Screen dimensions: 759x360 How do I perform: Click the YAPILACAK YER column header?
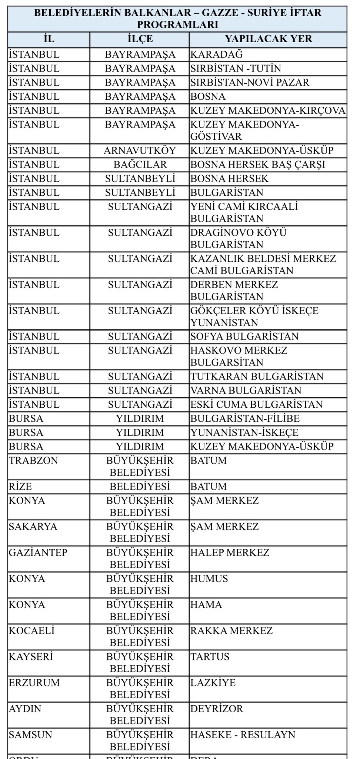(269, 39)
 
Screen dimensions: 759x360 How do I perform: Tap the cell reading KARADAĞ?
(217, 54)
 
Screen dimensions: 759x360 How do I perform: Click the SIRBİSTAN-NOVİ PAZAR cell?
(250, 82)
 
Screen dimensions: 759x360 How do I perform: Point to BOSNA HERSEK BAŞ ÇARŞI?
(258, 165)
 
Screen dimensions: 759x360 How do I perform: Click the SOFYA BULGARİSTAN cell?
(244, 337)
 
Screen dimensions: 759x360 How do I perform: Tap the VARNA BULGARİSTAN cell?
(246, 391)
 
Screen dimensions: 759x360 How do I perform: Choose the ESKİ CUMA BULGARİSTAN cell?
(257, 405)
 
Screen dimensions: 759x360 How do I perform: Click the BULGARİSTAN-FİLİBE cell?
(245, 419)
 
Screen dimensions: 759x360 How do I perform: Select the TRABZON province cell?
(34, 461)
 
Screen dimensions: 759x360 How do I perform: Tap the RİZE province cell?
(20, 487)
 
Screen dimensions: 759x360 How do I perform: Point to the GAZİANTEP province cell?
(38, 553)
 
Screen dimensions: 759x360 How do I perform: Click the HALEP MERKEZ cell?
(230, 553)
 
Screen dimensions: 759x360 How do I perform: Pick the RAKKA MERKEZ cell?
(231, 631)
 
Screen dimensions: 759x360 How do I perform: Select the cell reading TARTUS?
(210, 657)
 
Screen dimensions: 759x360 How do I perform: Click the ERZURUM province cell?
(34, 683)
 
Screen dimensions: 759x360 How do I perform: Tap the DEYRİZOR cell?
(217, 709)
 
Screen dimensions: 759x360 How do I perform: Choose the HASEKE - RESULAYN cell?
(243, 735)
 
